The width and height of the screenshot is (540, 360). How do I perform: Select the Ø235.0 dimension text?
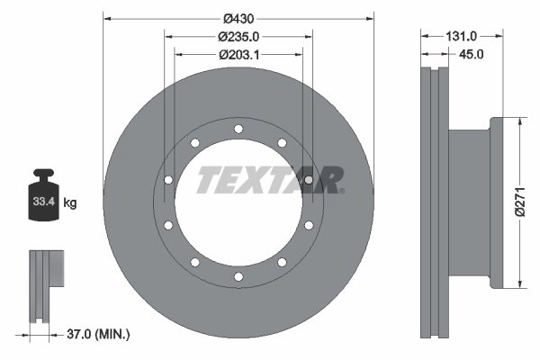click(x=238, y=36)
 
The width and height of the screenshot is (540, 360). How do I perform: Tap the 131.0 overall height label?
click(x=461, y=36)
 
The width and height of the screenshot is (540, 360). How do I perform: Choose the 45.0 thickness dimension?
click(x=472, y=54)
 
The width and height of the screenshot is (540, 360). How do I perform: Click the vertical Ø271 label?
click(x=518, y=202)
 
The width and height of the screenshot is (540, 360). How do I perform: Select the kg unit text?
click(x=70, y=203)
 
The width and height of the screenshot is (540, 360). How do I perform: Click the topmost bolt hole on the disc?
click(x=238, y=130)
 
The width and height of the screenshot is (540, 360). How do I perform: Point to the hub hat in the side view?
click(x=470, y=202)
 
